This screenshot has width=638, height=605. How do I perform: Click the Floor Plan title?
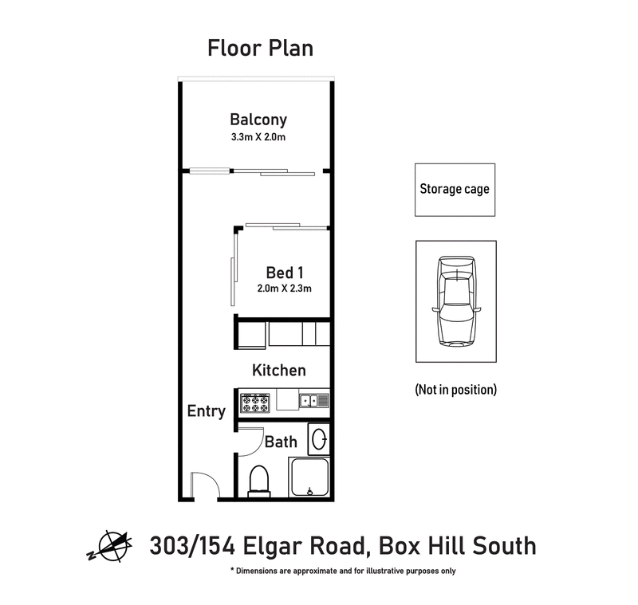tap(260, 48)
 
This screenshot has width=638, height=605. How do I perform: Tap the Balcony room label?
tap(258, 120)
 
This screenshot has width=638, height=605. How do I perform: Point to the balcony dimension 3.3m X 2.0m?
tap(258, 138)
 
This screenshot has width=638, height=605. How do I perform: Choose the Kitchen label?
tap(278, 371)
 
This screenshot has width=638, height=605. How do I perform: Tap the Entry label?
tap(206, 411)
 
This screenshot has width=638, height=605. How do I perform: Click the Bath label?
tap(281, 442)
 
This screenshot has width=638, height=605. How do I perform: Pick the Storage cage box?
tap(455, 190)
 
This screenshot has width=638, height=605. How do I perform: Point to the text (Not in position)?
tap(455, 390)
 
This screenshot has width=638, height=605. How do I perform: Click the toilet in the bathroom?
tap(261, 481)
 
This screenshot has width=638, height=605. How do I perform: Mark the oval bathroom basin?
tap(318, 440)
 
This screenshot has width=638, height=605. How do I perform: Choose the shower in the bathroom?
tap(310, 478)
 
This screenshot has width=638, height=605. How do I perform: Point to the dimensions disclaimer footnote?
tap(343, 572)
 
